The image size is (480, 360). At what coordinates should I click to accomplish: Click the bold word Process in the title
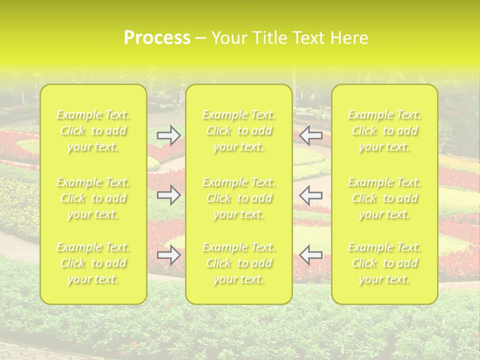[x=157, y=38]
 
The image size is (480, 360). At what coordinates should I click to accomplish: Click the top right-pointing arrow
[x=168, y=135]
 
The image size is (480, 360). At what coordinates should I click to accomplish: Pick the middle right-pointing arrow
[x=168, y=195]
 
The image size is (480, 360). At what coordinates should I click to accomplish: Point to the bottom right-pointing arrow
[x=168, y=255]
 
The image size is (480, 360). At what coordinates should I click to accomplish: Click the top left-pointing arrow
[x=311, y=135]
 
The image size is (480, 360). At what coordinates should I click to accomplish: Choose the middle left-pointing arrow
[x=311, y=195]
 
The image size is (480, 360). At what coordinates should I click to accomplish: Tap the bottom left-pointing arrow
[x=311, y=255]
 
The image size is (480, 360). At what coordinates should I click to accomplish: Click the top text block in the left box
[x=93, y=131]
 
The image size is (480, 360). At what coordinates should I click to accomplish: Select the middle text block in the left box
[x=93, y=198]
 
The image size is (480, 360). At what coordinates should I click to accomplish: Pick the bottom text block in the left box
[x=93, y=263]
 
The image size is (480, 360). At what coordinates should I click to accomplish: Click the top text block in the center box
[x=239, y=131]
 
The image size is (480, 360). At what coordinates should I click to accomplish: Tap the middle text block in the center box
[x=239, y=198]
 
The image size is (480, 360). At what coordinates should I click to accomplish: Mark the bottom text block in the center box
[x=239, y=263]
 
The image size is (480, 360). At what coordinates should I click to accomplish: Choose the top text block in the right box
[x=384, y=131]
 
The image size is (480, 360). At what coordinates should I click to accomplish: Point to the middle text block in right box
[x=384, y=198]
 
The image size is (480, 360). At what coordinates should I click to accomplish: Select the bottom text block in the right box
[x=384, y=263]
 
